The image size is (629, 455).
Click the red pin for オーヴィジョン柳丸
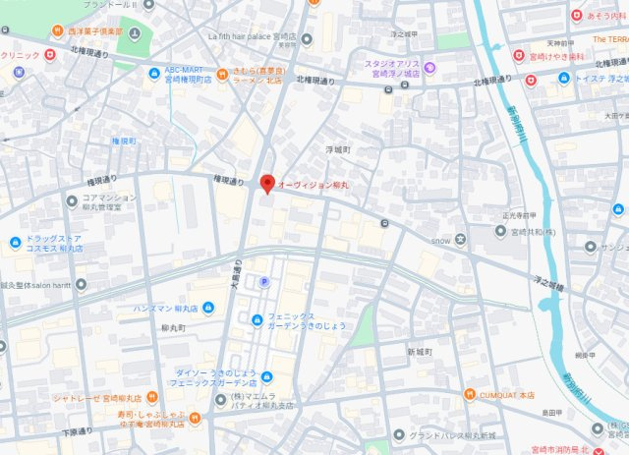pos(266,183)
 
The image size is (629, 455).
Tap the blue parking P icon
pos(262,282)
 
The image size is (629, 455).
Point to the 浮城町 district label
pos(338,149)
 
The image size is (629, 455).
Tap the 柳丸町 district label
pos(172,326)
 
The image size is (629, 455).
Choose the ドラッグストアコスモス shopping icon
pos(17,243)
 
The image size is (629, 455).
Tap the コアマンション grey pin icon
pos(71,199)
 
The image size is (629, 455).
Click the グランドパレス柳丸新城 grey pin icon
pos(398,433)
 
